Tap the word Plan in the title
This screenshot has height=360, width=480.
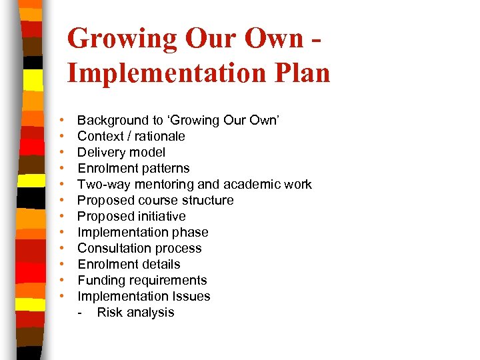coord(300,73)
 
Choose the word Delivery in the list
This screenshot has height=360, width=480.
coord(100,153)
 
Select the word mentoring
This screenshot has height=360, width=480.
coord(159,185)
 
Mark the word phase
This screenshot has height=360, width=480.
coord(191,233)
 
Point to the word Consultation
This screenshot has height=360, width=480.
coord(111,249)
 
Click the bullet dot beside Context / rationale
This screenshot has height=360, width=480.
coord(61,137)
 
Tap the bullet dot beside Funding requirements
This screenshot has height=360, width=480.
coord(61,281)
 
